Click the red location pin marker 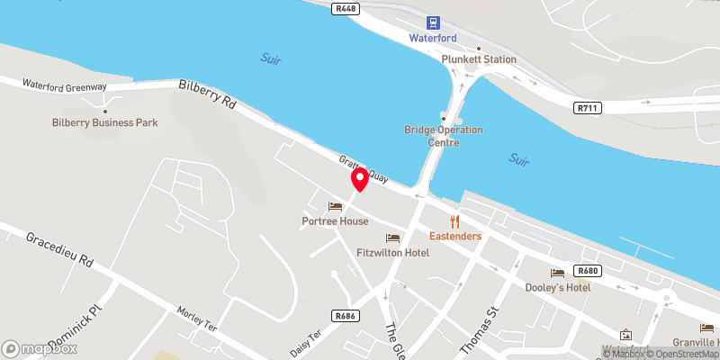[360, 179]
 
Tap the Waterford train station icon [434, 22]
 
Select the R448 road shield [344, 8]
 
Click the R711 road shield [587, 108]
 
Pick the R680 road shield [588, 271]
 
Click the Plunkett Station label [479, 59]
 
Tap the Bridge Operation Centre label [443, 136]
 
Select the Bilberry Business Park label [106, 121]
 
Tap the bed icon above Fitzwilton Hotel [392, 238]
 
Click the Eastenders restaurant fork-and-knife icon [455, 220]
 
